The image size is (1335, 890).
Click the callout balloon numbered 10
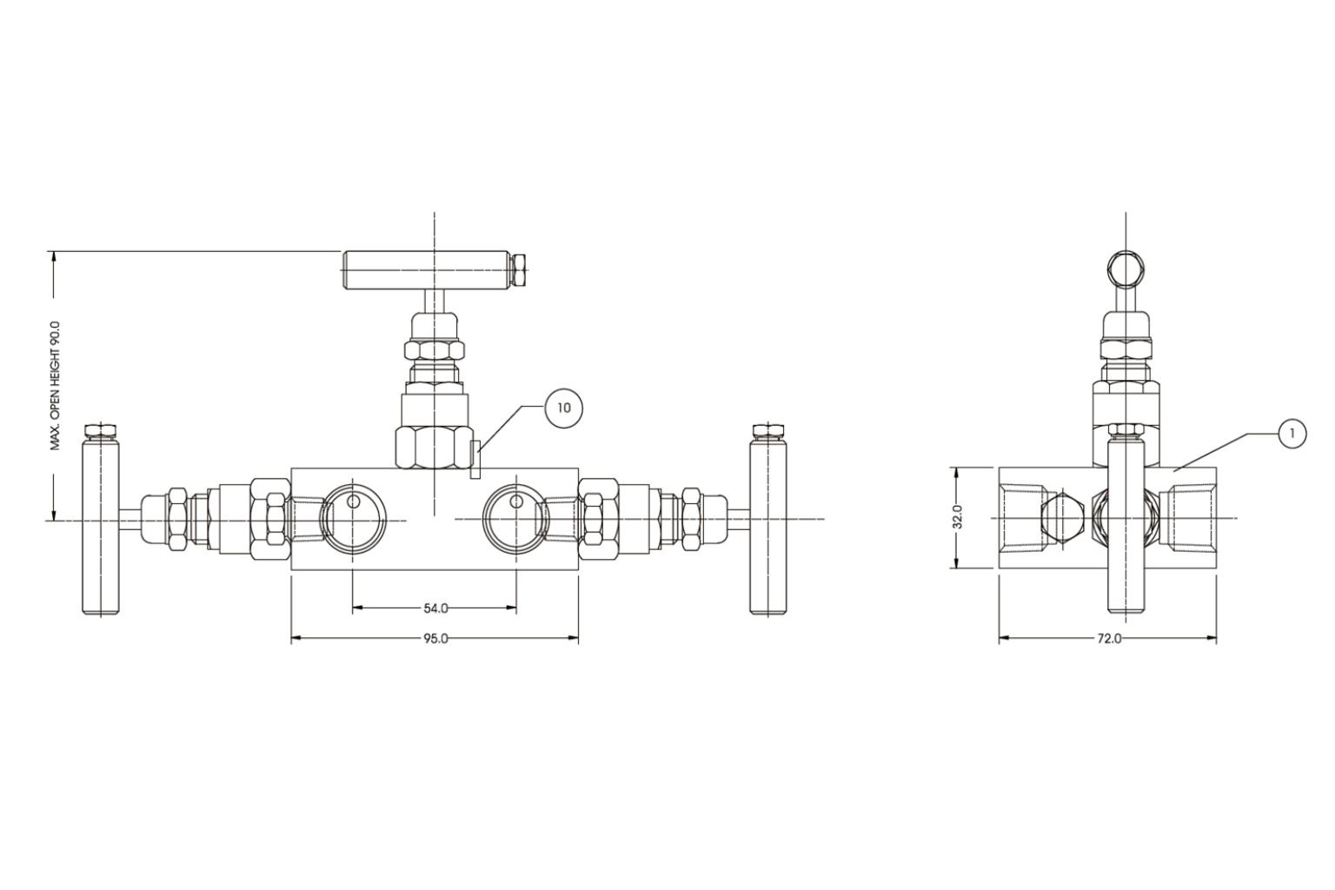pyautogui.click(x=564, y=408)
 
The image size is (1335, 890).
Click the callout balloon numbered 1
pyautogui.click(x=1292, y=434)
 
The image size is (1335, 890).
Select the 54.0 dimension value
pyautogui.click(x=435, y=608)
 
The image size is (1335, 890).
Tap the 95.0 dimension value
pyautogui.click(x=435, y=639)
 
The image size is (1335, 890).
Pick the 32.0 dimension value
pyautogui.click(x=958, y=518)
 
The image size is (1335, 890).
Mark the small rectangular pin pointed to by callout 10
pyautogui.click(x=475, y=460)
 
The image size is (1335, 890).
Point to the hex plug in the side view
pyautogui.click(x=1060, y=518)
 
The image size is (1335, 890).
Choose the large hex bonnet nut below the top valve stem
pyautogui.click(x=434, y=447)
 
